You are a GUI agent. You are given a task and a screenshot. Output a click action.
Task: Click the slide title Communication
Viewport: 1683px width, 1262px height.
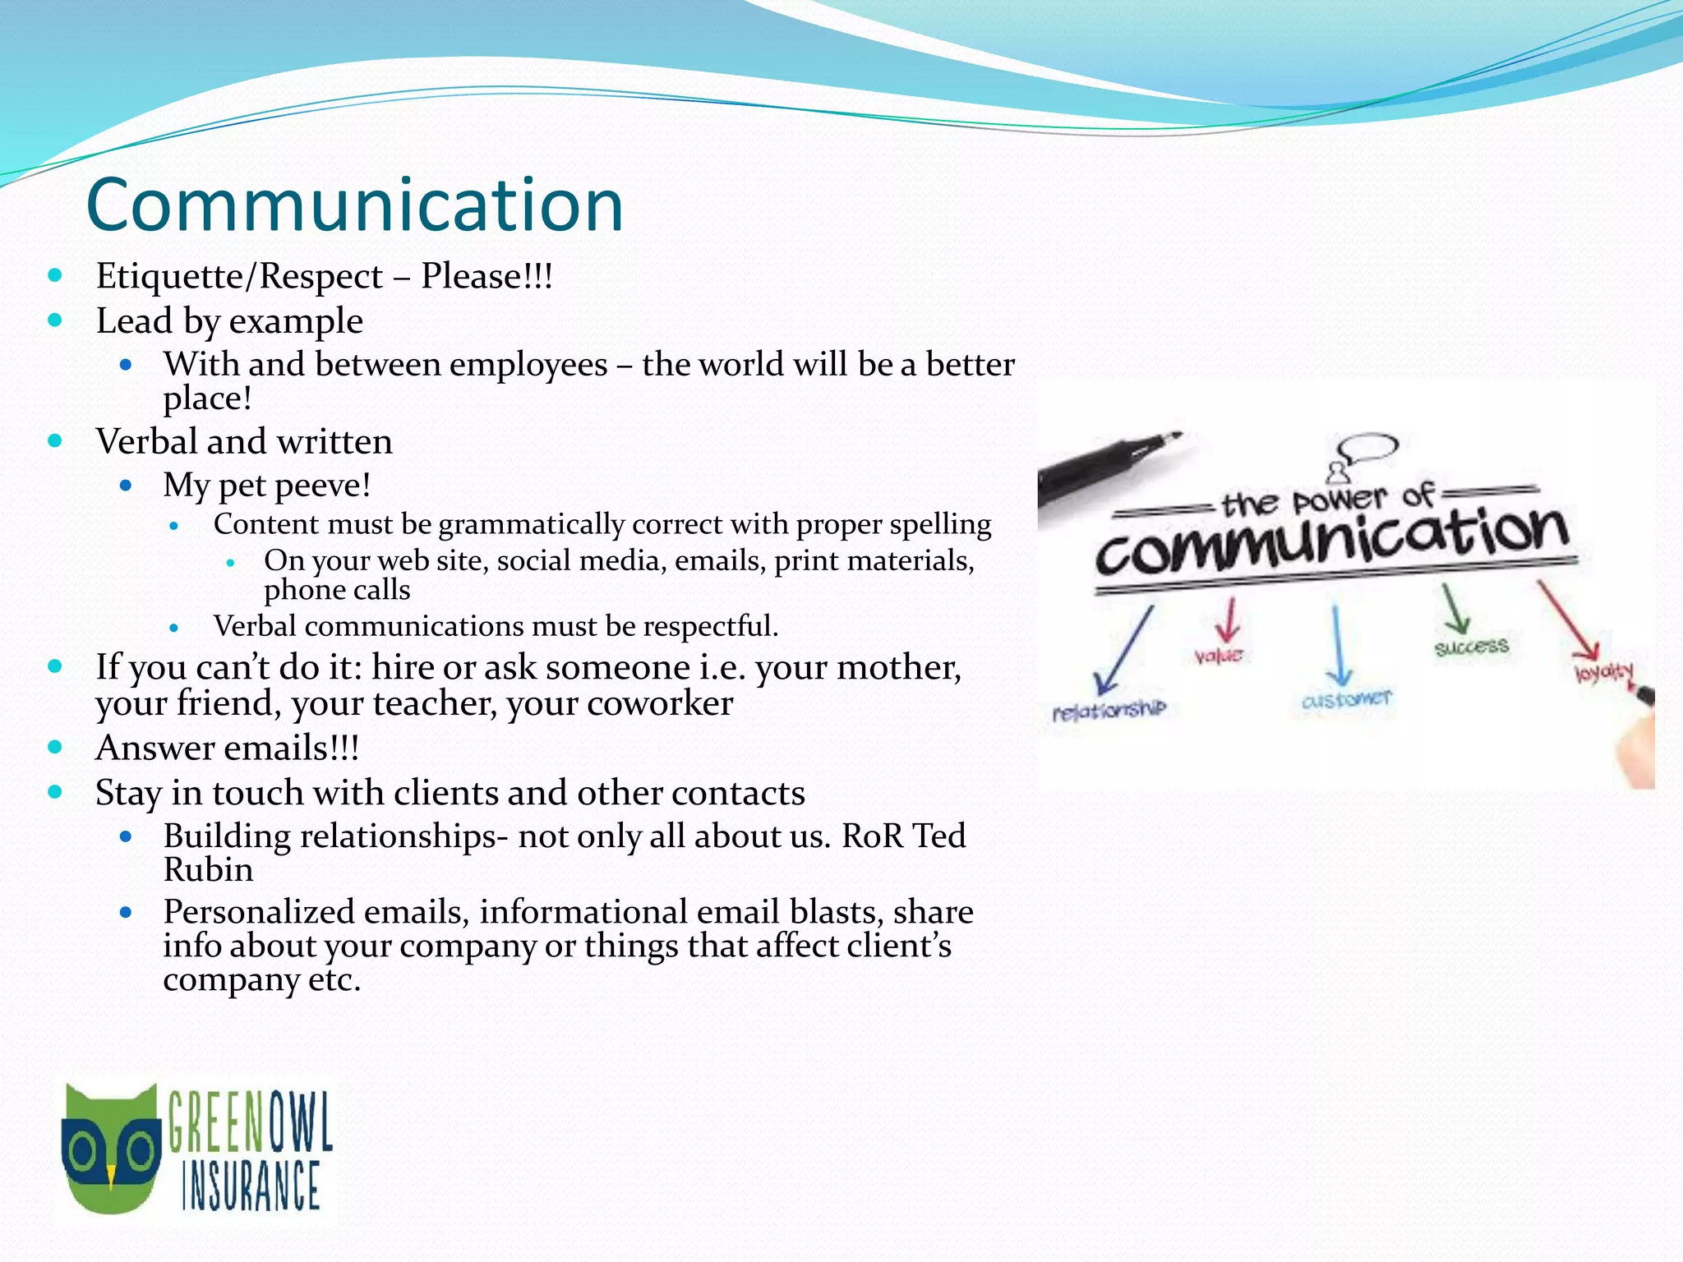(x=354, y=205)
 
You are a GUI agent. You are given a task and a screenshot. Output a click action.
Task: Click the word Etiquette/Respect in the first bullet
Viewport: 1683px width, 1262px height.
(x=239, y=276)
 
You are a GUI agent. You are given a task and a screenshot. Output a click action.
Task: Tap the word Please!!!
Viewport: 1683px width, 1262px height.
(x=486, y=276)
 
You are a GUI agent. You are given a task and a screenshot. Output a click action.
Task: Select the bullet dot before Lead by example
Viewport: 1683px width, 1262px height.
(x=55, y=320)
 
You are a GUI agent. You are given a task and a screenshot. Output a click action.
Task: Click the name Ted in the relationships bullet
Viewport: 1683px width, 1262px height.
(x=939, y=836)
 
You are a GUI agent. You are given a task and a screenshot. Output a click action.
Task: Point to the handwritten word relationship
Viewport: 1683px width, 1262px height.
(x=1109, y=709)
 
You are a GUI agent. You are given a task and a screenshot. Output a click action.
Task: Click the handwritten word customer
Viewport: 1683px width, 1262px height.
(x=1346, y=699)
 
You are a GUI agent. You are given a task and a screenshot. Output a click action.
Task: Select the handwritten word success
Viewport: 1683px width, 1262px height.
(x=1471, y=647)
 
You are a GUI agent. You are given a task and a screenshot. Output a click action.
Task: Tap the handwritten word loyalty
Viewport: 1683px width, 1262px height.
(x=1603, y=672)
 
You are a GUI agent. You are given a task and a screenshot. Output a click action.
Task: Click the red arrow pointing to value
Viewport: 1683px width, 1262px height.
(x=1229, y=620)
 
